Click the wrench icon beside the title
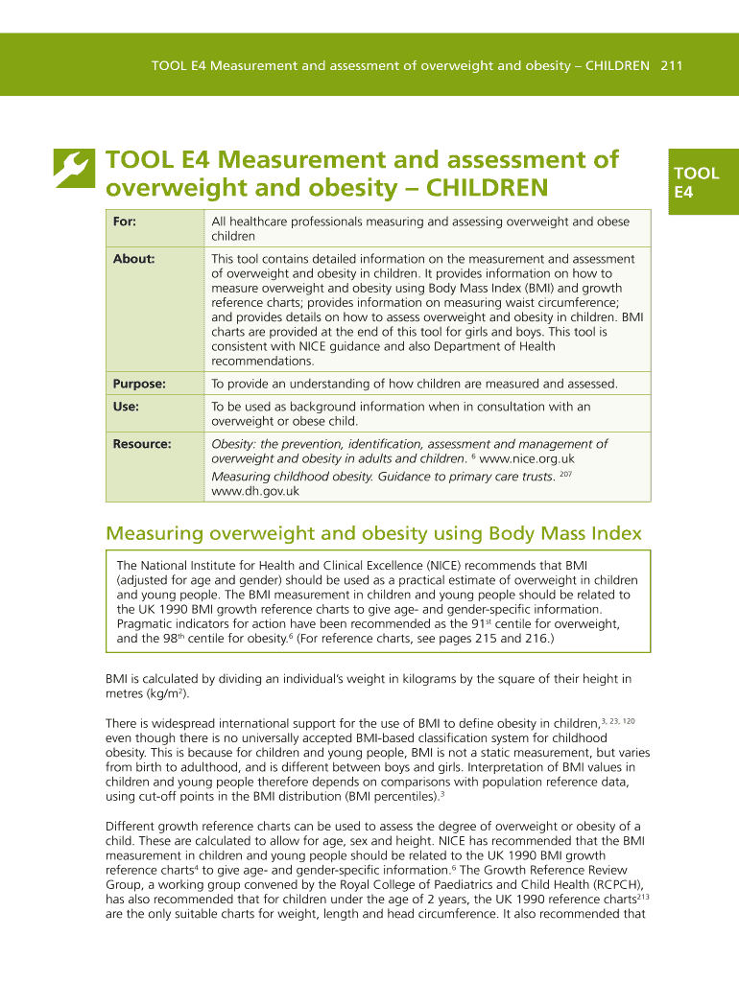(72, 170)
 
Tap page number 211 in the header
(671, 66)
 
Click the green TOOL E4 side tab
(697, 182)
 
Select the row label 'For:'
(124, 222)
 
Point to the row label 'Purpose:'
(139, 384)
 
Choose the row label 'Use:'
(126, 407)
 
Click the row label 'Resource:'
(142, 444)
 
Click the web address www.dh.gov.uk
(255, 491)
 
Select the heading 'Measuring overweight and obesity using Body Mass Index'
(373, 533)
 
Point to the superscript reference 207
(565, 474)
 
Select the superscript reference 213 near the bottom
(643, 898)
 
